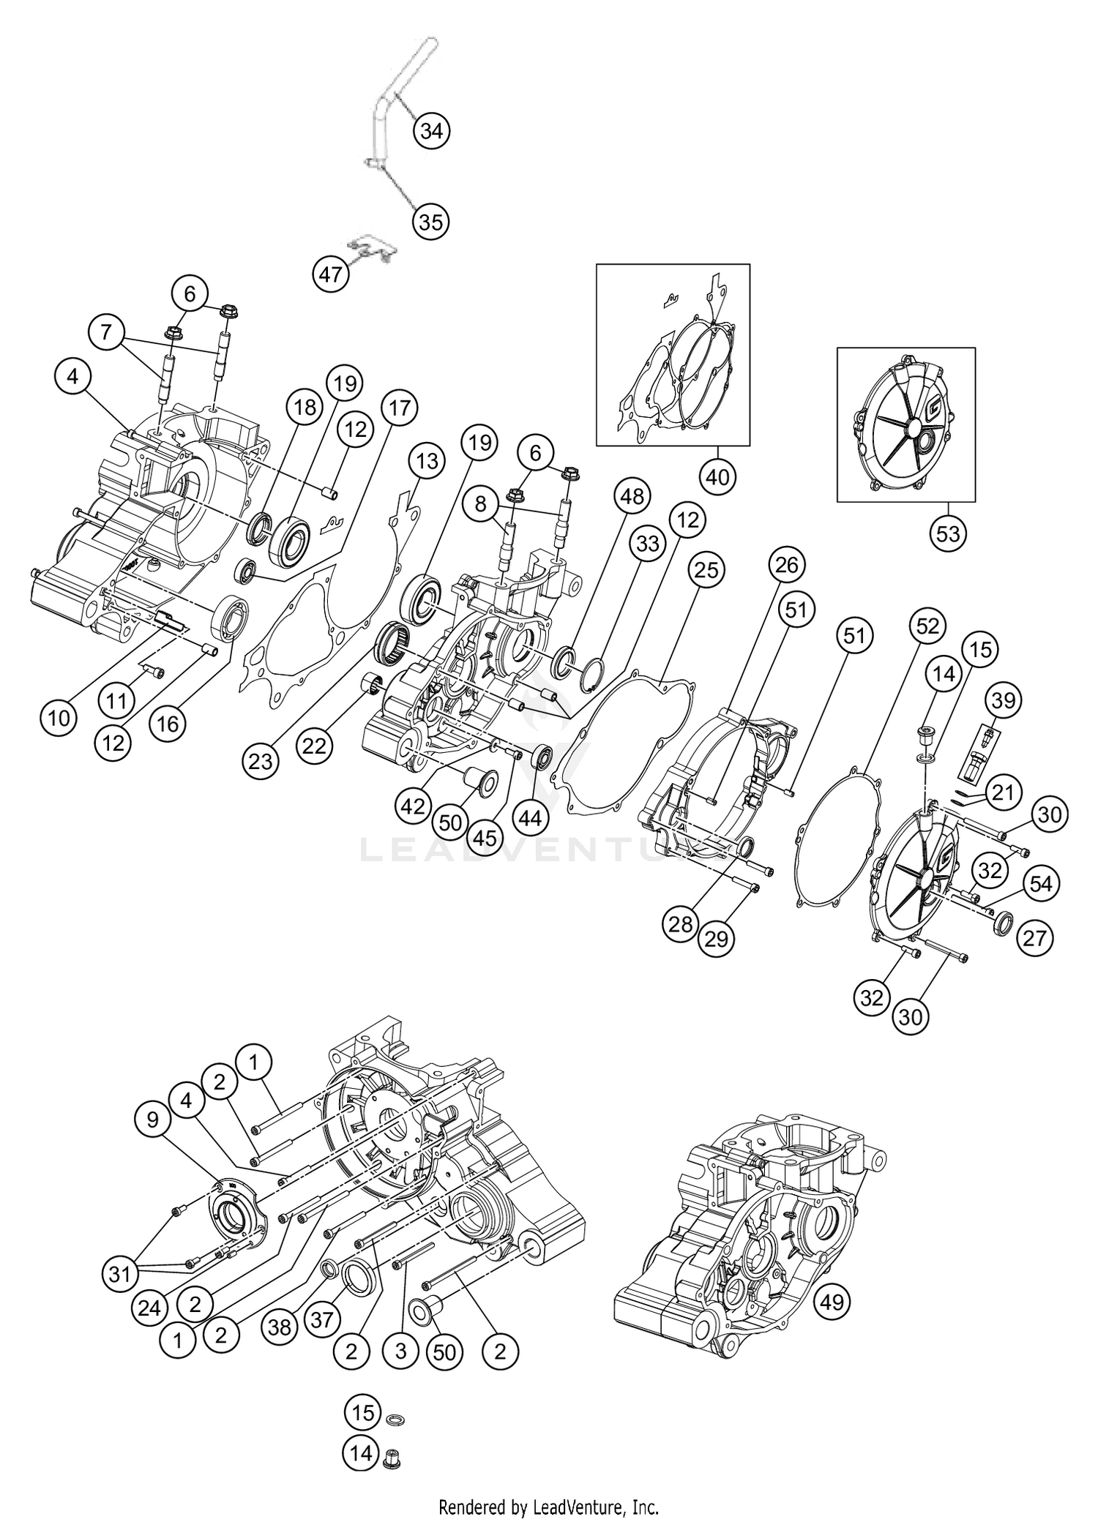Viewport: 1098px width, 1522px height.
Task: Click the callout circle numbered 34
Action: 431,132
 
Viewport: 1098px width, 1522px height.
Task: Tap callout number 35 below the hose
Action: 431,222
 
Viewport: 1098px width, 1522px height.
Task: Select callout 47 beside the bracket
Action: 331,274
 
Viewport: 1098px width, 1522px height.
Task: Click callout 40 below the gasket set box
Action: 718,476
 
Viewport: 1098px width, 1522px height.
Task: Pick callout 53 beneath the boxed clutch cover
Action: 947,533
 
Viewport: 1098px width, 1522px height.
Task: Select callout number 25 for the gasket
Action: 706,570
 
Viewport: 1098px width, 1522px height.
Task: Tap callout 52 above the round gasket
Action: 927,626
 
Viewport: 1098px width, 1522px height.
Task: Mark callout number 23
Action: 261,762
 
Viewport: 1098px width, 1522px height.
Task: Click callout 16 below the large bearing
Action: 168,724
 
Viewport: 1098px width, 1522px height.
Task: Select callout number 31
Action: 119,1275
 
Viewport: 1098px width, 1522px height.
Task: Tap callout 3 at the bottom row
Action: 400,1350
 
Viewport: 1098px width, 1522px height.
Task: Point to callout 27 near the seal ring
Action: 1034,938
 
